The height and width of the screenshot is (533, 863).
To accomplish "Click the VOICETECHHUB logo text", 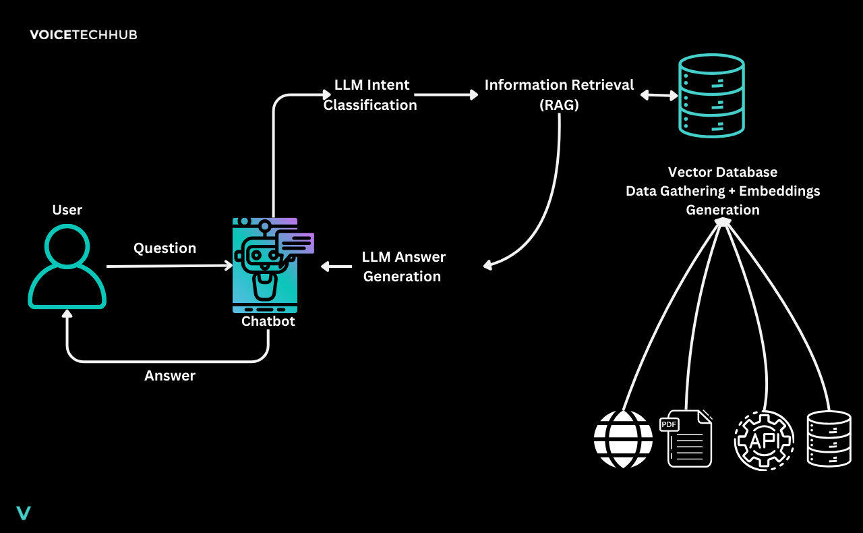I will [x=83, y=34].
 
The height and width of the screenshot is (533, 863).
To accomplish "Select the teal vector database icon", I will [x=711, y=96].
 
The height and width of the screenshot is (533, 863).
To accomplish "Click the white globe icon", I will [x=623, y=439].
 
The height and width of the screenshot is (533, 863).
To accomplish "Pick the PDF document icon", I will [x=688, y=439].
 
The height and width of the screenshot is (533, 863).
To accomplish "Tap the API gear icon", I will [x=764, y=440].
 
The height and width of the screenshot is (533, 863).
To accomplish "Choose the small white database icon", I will [x=829, y=439].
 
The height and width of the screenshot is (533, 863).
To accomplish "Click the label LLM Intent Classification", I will [x=371, y=95].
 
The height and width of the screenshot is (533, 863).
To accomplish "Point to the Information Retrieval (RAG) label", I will [x=559, y=95].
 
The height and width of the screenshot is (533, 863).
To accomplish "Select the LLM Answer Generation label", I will [x=403, y=266].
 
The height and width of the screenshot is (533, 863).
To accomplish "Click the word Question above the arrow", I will [x=165, y=248].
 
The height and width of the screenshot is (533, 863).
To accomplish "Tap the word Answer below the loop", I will [x=169, y=376].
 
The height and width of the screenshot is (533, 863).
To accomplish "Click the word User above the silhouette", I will [x=67, y=210].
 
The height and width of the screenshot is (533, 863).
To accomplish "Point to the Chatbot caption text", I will [x=268, y=321].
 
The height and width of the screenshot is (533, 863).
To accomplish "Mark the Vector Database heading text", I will [x=722, y=172].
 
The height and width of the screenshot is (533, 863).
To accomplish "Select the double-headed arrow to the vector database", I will [x=658, y=95].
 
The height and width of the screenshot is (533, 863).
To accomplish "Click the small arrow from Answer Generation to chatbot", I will [x=336, y=266].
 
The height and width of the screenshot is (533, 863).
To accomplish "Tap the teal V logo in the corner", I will [x=24, y=513].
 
